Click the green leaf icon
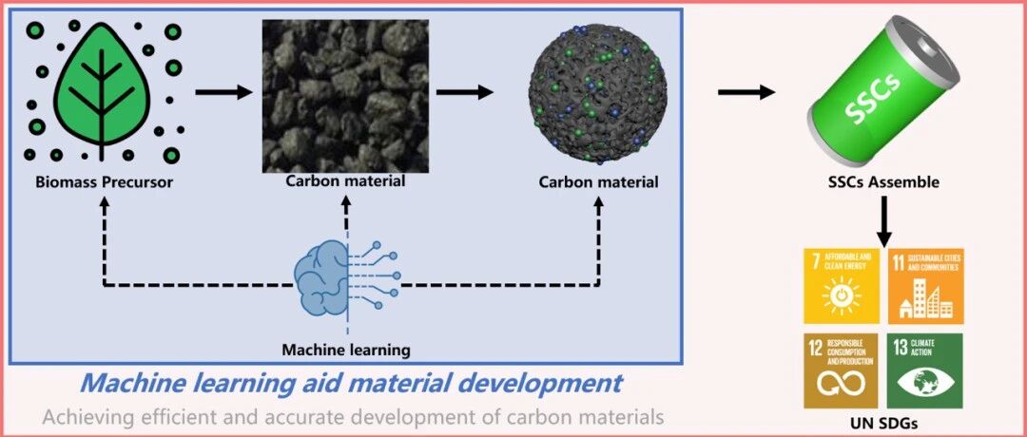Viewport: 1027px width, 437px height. [102, 89]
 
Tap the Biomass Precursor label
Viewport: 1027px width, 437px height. [105, 181]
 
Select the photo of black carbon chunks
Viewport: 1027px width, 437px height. [345, 96]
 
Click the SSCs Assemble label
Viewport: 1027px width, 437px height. [882, 181]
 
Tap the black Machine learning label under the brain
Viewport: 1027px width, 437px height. [346, 350]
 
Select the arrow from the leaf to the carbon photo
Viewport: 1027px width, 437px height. [223, 92]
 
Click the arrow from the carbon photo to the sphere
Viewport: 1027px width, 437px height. [464, 92]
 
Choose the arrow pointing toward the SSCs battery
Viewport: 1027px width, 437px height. [746, 92]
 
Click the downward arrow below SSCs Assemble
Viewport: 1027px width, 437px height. [883, 221]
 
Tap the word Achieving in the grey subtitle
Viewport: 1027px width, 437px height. [78, 417]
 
